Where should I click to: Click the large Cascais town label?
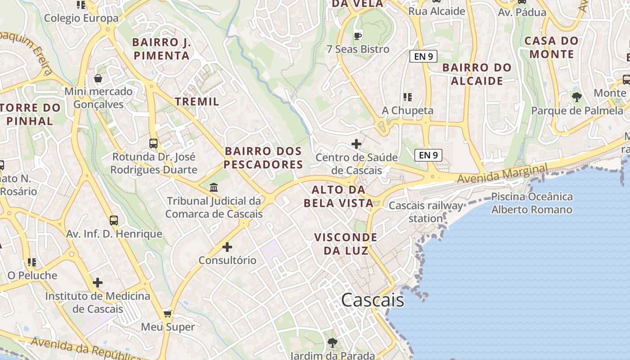[x=373, y=300]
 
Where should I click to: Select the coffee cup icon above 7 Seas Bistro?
[x=358, y=36]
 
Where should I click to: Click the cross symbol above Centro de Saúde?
[x=356, y=144]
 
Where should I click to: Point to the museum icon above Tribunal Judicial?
[x=214, y=187]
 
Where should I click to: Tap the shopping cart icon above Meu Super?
[x=168, y=314]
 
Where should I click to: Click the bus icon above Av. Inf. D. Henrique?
[x=114, y=220]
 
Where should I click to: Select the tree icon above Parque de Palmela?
[x=576, y=97]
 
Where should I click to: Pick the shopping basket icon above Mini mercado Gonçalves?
[x=98, y=79]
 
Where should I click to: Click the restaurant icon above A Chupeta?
[x=408, y=97]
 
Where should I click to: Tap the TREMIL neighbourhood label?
[x=197, y=102]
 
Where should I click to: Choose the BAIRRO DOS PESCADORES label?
[x=263, y=158]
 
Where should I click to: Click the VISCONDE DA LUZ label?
[x=346, y=244]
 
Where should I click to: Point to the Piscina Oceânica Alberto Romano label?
[x=531, y=203]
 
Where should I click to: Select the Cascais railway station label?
[x=426, y=212]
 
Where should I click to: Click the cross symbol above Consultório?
[x=227, y=247]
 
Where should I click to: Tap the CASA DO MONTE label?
[x=552, y=47]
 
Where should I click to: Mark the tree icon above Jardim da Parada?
[x=333, y=343]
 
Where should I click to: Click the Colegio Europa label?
[x=81, y=18]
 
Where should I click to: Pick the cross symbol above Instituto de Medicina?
[x=98, y=283]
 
